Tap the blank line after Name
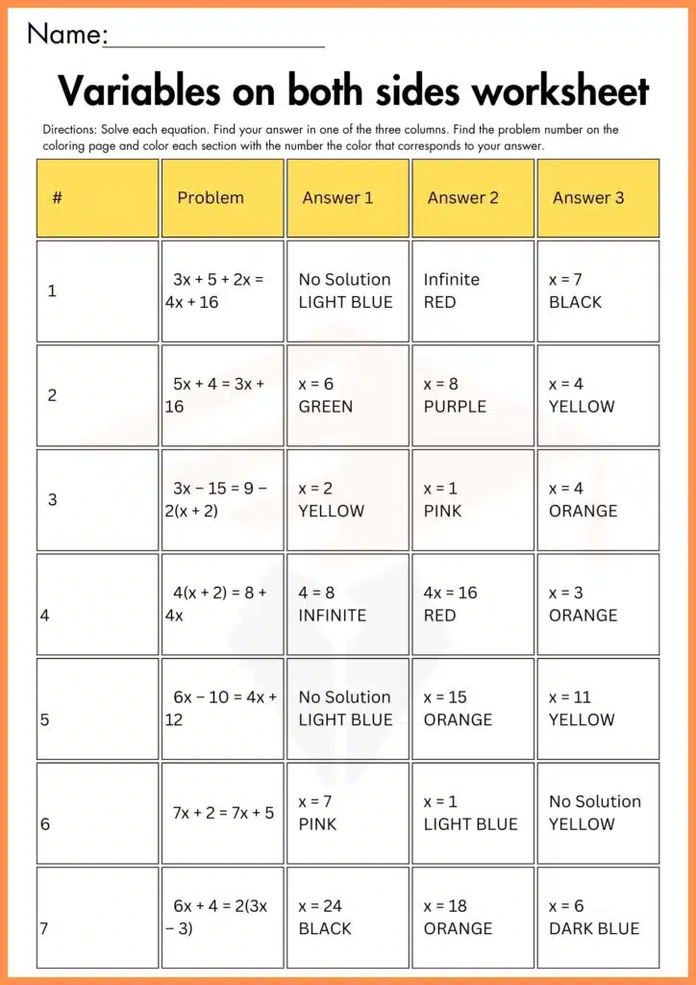coord(213,42)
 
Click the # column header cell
coord(97,198)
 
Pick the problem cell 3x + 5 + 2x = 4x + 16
coord(222,290)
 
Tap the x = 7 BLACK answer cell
coord(597,290)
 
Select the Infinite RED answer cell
coord(472,290)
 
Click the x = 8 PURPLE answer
coord(472,395)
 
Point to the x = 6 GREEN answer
coord(347,395)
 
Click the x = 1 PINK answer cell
coord(472,499)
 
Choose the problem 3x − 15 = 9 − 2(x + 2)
coord(222,499)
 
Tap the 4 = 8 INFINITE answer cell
coord(347,604)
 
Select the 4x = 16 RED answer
coord(472,604)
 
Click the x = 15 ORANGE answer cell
coord(472,708)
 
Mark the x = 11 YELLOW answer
coord(597,708)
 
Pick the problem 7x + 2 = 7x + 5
coord(222,813)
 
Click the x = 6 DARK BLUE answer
coord(597,917)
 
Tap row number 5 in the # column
coord(45,720)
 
